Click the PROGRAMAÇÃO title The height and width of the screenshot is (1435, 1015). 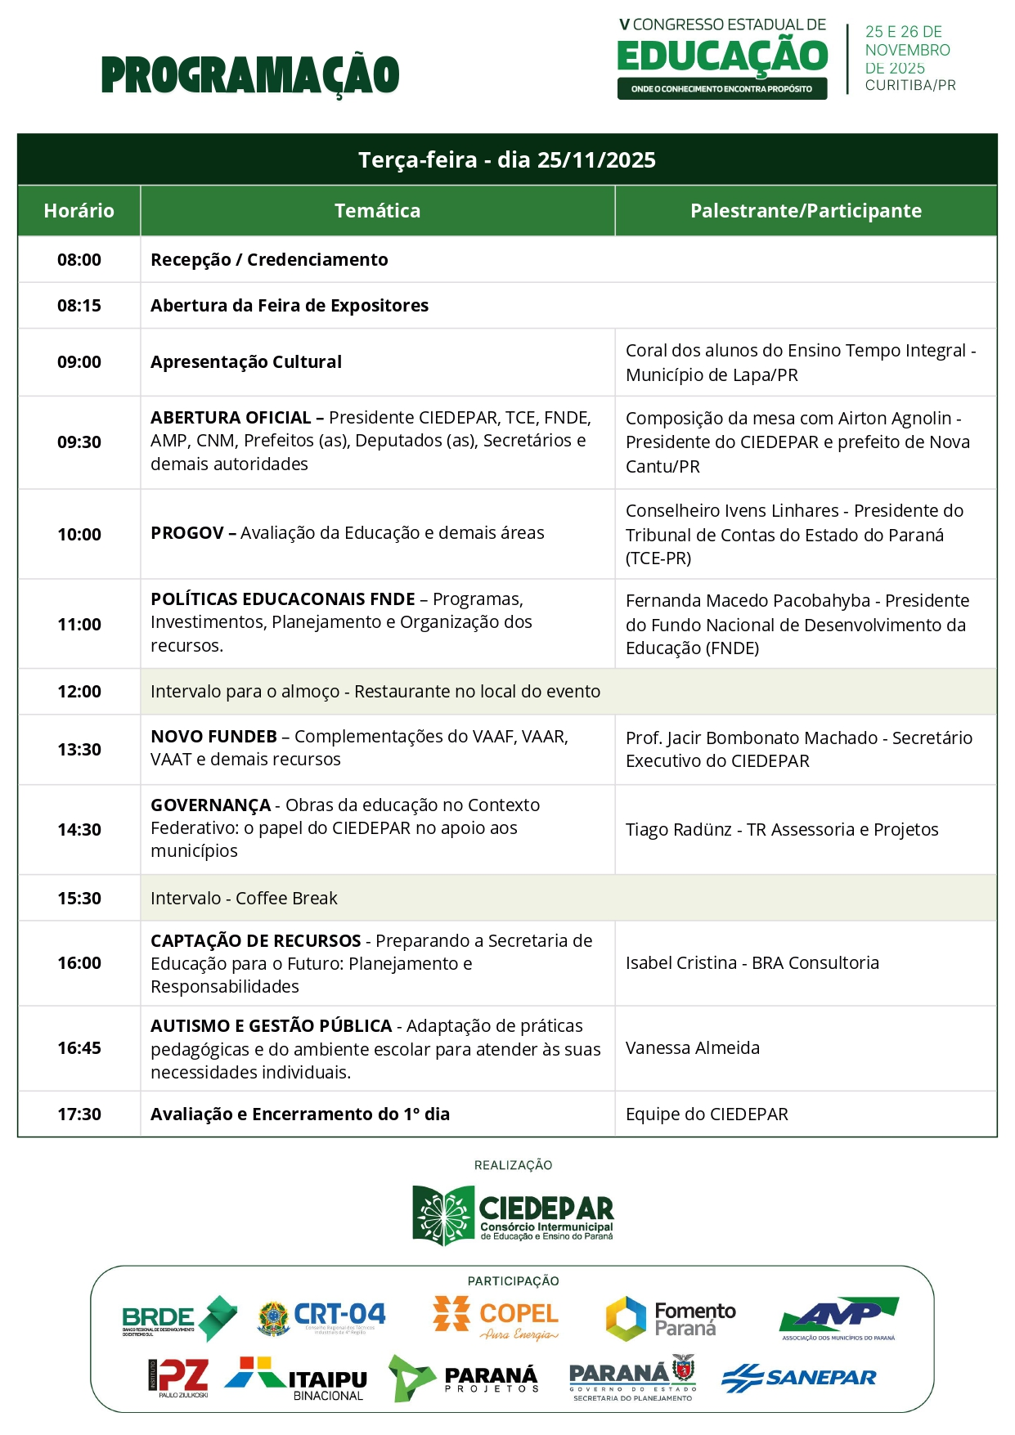[250, 75]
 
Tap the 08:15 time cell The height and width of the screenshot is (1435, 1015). [79, 306]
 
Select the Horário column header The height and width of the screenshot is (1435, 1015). [79, 211]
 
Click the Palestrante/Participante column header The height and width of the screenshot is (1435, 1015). [806, 211]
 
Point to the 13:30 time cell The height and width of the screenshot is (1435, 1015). [79, 750]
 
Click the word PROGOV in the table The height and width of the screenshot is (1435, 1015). [187, 533]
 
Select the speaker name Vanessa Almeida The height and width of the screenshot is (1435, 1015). [693, 1048]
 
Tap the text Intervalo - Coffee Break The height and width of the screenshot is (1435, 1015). [244, 899]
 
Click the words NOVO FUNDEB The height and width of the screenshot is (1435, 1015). [214, 737]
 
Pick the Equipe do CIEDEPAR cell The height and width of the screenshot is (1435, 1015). [707, 1114]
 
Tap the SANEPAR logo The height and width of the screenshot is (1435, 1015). [799, 1378]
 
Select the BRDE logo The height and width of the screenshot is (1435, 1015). [179, 1318]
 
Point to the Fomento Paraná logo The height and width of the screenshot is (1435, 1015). [671, 1318]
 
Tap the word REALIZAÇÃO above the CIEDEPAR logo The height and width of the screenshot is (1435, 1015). [513, 1165]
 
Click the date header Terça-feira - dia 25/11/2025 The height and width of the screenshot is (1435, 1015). [507, 160]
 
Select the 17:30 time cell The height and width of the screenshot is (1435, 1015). [79, 1114]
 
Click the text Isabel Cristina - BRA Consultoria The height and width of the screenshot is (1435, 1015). [752, 963]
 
